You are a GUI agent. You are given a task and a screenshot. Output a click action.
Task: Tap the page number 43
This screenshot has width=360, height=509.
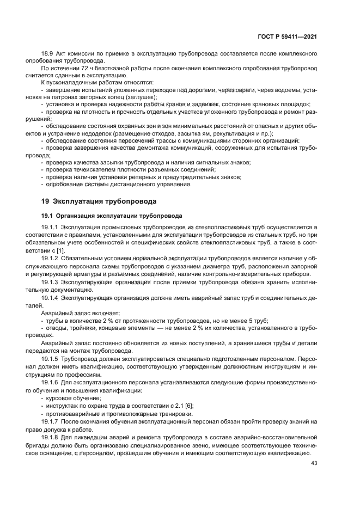click(x=314, y=463)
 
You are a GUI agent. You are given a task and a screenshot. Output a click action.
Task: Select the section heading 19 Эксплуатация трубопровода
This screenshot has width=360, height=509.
click(x=95, y=201)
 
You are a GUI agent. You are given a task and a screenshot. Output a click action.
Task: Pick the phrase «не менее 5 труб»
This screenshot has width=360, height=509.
click(x=244, y=320)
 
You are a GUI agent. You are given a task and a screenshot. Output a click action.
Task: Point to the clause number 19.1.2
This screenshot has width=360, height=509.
click(x=51, y=256)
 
